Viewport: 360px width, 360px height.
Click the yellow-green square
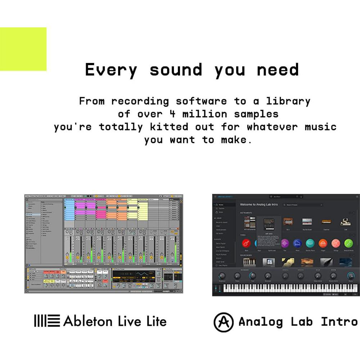point(23,49)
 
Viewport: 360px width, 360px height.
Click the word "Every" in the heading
point(111,69)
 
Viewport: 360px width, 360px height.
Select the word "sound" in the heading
point(176,69)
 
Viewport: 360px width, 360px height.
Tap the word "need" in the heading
point(278,69)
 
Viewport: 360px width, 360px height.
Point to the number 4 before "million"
point(172,114)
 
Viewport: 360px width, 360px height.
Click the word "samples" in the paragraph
point(256,114)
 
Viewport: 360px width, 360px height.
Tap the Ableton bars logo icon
point(47,321)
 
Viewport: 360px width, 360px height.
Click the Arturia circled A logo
point(224,321)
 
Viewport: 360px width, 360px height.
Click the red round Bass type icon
point(247,243)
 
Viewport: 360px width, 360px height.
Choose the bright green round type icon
point(348,243)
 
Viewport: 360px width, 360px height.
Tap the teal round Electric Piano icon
point(310,243)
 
